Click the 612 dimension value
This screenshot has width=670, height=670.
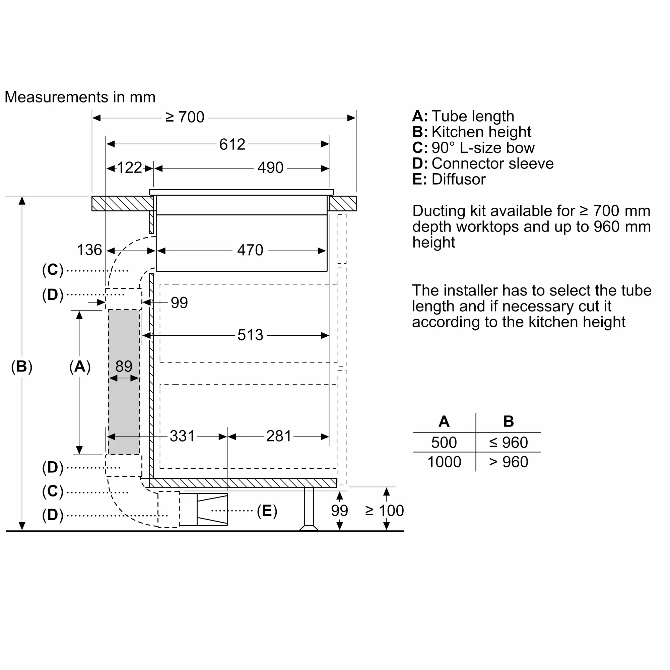pyautogui.click(x=232, y=144)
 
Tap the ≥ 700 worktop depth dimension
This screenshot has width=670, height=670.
pyautogui.click(x=185, y=117)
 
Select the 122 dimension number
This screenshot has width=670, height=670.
pyautogui.click(x=129, y=168)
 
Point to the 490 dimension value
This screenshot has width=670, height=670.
pyautogui.click(x=270, y=168)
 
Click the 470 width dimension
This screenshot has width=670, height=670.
pyautogui.click(x=250, y=250)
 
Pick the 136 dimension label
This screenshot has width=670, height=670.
pyautogui.click(x=89, y=250)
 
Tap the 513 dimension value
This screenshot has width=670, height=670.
pyautogui.click(x=250, y=335)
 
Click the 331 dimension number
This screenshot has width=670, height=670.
pyautogui.click(x=183, y=436)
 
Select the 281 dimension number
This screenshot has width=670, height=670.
pyautogui.click(x=279, y=436)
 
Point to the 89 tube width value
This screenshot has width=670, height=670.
pyautogui.click(x=124, y=366)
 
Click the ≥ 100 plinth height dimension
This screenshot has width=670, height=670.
pyautogui.click(x=385, y=511)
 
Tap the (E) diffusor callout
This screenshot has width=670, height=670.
pyautogui.click(x=267, y=511)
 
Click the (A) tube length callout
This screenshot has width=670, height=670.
pyautogui.click(x=80, y=366)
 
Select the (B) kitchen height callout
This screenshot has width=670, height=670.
pyautogui.click(x=21, y=366)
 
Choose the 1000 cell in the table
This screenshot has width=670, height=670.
pyautogui.click(x=444, y=462)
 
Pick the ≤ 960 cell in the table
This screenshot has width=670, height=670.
pyautogui.click(x=509, y=443)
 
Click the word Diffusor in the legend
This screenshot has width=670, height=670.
pyautogui.click(x=459, y=179)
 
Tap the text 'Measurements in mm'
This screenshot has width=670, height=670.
pyautogui.click(x=80, y=97)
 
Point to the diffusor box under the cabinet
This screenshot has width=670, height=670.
pyautogui.click(x=204, y=510)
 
